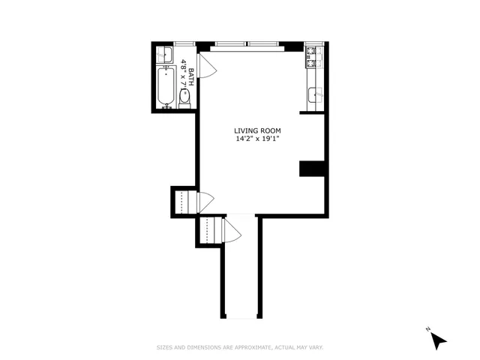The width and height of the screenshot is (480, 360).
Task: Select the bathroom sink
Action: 163,53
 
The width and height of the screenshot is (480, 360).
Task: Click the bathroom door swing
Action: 208,64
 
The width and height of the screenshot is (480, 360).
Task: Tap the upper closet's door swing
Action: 205,201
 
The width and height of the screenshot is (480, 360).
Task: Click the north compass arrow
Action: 438,340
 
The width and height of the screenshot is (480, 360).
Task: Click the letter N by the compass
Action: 427,329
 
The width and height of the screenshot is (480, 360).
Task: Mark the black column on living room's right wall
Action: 310,169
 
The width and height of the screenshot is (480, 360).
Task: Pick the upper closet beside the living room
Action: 183,202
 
